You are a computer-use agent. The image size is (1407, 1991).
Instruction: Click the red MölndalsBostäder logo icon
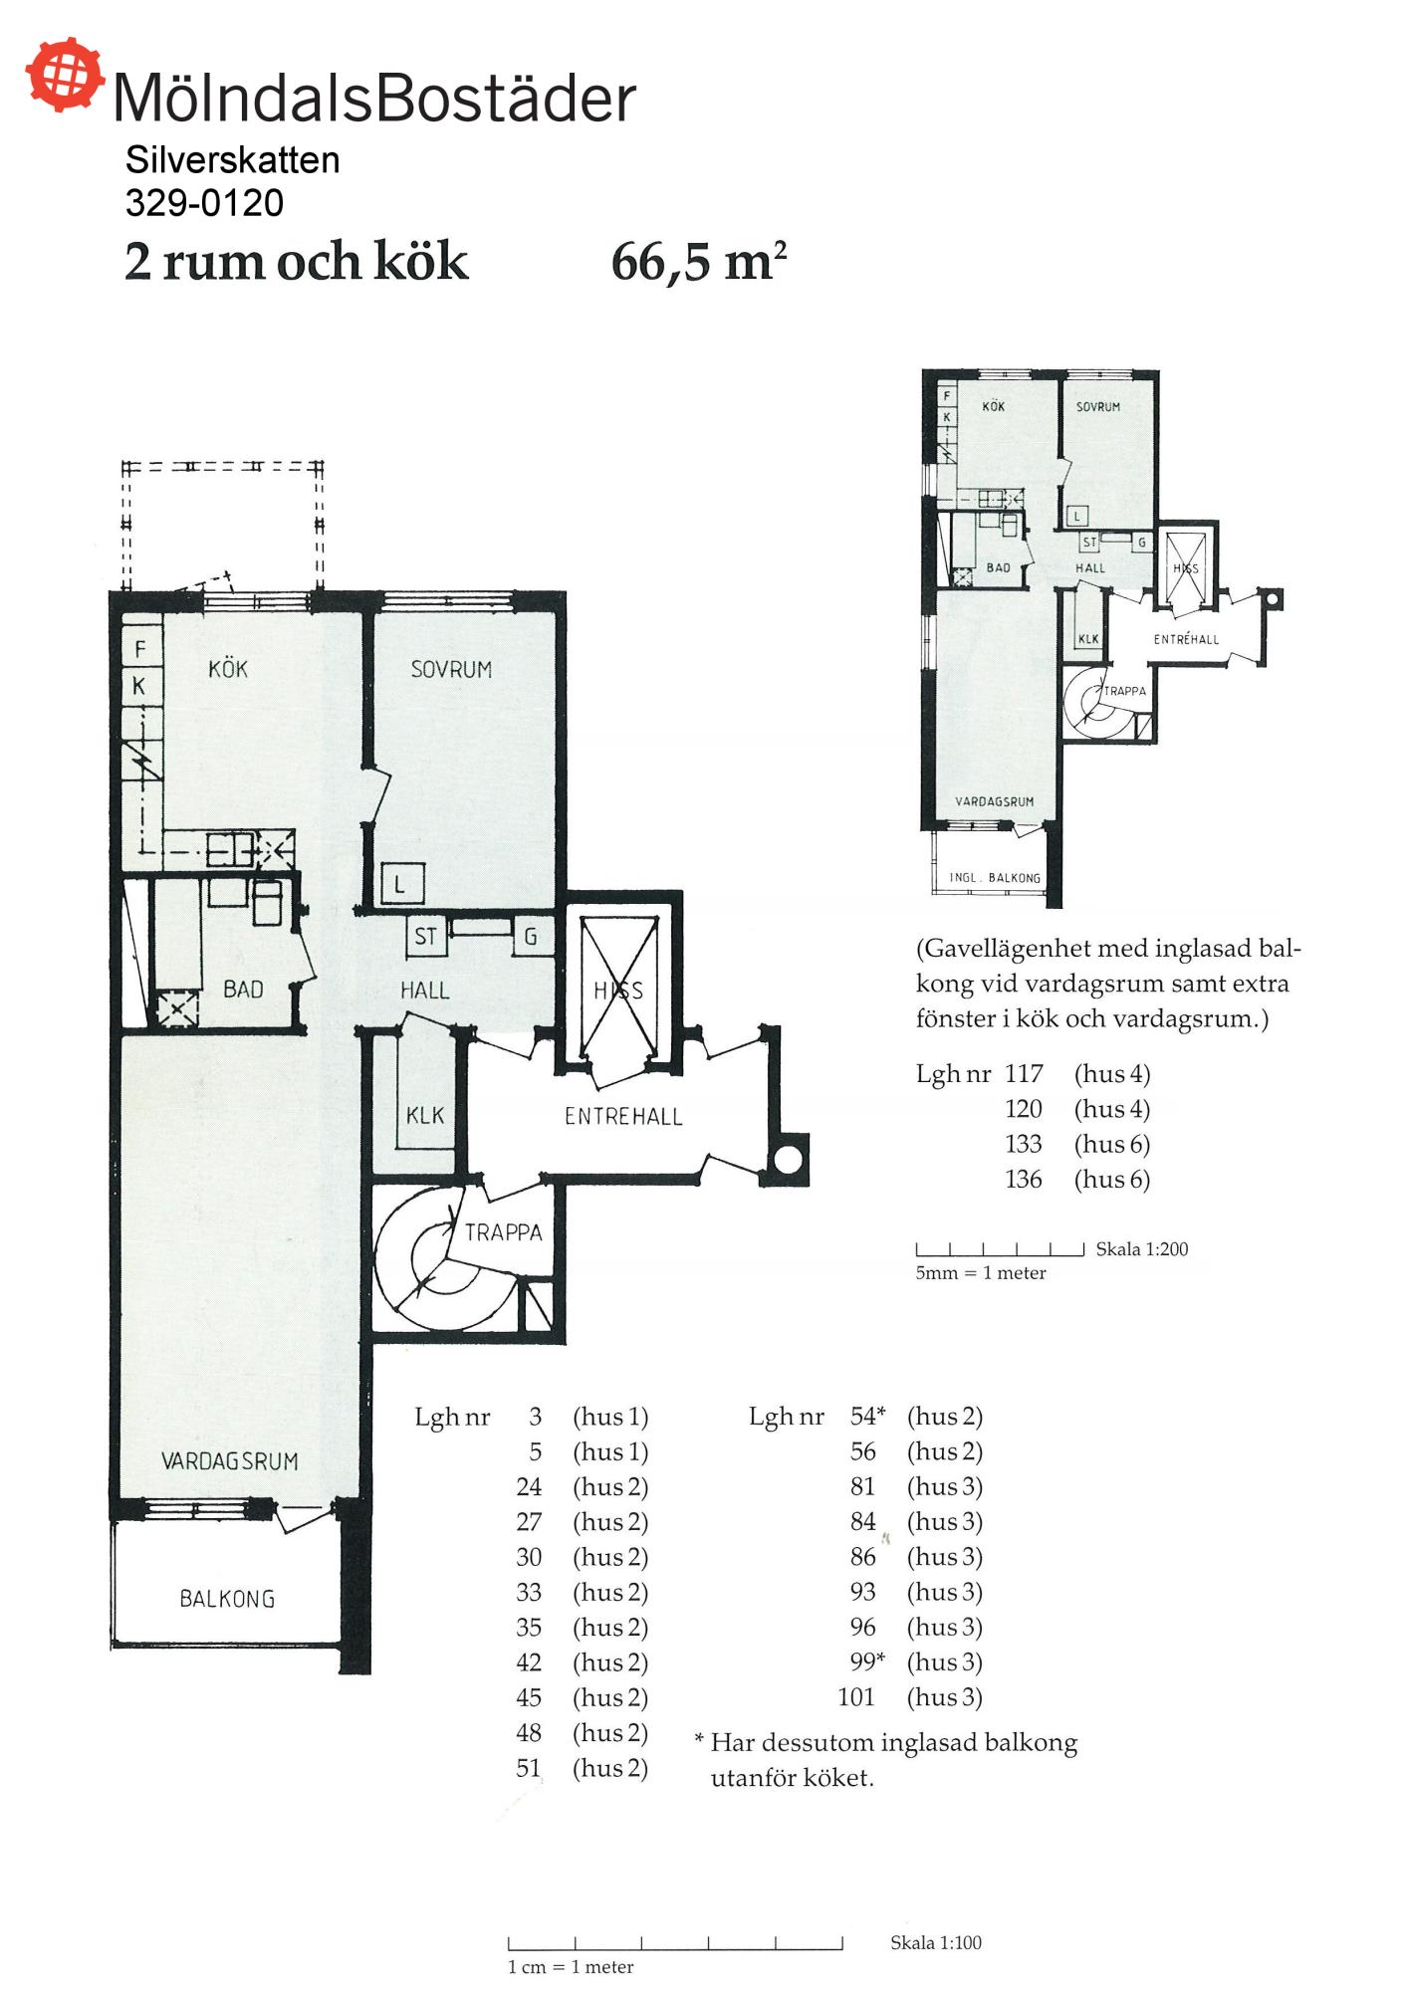click(65, 74)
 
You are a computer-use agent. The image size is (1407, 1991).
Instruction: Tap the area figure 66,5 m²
click(699, 262)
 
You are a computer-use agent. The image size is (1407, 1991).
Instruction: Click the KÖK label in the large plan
click(228, 669)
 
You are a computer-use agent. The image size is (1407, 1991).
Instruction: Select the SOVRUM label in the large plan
click(451, 670)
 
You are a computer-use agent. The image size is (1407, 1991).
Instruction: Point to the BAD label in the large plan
click(243, 990)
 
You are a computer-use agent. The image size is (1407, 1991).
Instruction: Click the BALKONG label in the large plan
click(227, 1599)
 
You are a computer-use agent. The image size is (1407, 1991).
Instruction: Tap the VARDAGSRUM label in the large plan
click(230, 1461)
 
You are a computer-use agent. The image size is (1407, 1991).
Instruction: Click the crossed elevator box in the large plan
click(618, 988)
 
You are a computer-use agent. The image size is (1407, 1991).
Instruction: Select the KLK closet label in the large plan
click(425, 1116)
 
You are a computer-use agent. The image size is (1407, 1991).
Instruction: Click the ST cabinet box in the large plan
click(425, 937)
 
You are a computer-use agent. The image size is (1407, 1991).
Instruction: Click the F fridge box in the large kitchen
click(140, 649)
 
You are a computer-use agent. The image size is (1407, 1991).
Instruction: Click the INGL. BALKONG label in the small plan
click(995, 878)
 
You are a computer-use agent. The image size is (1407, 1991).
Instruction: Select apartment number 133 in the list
click(1024, 1144)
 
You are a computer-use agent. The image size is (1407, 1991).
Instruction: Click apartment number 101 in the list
click(856, 1697)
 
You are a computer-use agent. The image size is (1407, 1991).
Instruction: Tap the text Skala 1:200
click(1142, 1249)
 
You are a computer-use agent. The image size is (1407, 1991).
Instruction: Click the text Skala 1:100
click(936, 1942)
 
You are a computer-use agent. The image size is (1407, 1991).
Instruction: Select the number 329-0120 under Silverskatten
click(205, 203)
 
